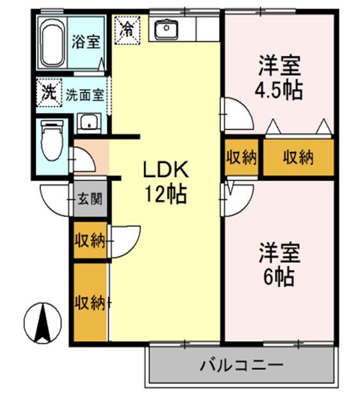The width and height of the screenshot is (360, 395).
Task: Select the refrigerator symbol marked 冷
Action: pyautogui.click(x=127, y=28)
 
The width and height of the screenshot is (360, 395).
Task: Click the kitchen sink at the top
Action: pyautogui.click(x=165, y=29)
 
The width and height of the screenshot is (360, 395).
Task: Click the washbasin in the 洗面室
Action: pyautogui.click(x=88, y=122)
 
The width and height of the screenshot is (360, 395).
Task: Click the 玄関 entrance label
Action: pyautogui.click(x=89, y=198)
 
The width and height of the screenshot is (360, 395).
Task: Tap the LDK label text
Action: pyautogui.click(x=164, y=169)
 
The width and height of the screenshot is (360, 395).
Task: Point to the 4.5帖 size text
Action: pyautogui.click(x=280, y=90)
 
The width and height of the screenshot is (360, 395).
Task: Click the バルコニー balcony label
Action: pyautogui.click(x=241, y=366)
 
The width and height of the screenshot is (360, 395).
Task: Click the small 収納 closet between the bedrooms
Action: pyautogui.click(x=241, y=158)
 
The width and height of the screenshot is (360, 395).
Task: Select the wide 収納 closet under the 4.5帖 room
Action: pyautogui.click(x=299, y=158)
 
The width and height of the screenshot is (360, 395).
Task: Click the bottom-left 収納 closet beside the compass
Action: pyautogui.click(x=89, y=301)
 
